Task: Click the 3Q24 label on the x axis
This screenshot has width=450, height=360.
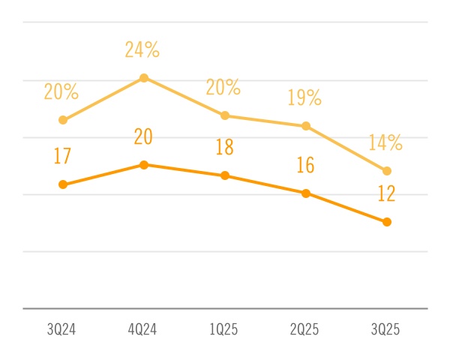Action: pyautogui.click(x=62, y=331)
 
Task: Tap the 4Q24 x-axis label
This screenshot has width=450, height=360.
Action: pyautogui.click(x=143, y=331)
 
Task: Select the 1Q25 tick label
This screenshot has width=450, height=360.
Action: pyautogui.click(x=224, y=331)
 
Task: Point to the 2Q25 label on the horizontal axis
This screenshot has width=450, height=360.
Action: pyautogui.click(x=305, y=331)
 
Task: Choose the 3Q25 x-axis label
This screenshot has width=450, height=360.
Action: pyautogui.click(x=386, y=331)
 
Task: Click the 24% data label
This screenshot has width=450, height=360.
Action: pyautogui.click(x=142, y=50)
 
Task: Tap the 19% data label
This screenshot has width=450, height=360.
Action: pyautogui.click(x=304, y=97)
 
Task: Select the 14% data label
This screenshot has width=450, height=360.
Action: pyautogui.click(x=385, y=142)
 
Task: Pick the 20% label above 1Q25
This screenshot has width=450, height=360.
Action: pyautogui.click(x=223, y=87)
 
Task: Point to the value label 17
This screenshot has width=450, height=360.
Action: pyautogui.click(x=62, y=157)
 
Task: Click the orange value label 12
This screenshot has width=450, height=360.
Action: pyautogui.click(x=386, y=194)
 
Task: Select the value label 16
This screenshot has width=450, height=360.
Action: pyautogui.click(x=305, y=165)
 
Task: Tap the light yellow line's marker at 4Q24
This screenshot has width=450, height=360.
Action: pyautogui.click(x=144, y=78)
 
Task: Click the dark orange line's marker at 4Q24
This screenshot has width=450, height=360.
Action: pyautogui.click(x=144, y=164)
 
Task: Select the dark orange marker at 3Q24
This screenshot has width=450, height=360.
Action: pyautogui.click(x=63, y=184)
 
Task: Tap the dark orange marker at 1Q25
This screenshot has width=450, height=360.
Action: pyautogui.click(x=225, y=175)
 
